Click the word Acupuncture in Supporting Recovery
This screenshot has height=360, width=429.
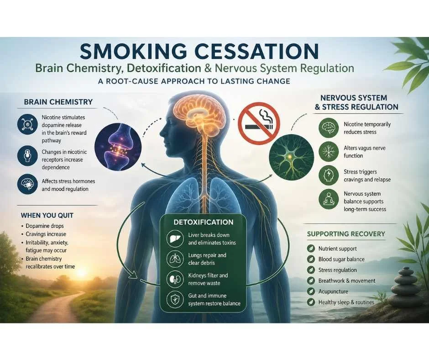[333, 291]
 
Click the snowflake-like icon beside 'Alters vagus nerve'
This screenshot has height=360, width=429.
[329, 152]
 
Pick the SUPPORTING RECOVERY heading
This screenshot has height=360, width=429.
[345, 234]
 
